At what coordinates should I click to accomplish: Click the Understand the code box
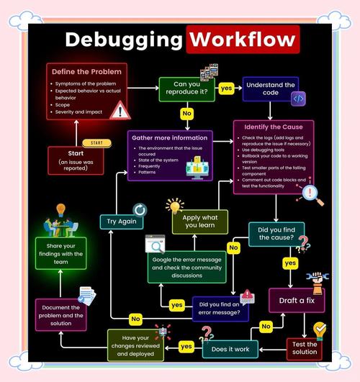pos(271,90)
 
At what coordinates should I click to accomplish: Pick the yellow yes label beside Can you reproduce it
pos(226,88)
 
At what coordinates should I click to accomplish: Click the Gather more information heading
pos(171,137)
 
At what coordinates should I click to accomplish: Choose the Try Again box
pos(120,222)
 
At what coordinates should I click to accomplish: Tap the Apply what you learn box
pos(199,222)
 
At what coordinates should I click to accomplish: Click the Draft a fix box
pos(296,299)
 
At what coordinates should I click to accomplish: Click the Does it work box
pos(230,350)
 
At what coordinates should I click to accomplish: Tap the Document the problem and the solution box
pos(61,314)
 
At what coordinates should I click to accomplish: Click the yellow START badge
pos(97,143)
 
